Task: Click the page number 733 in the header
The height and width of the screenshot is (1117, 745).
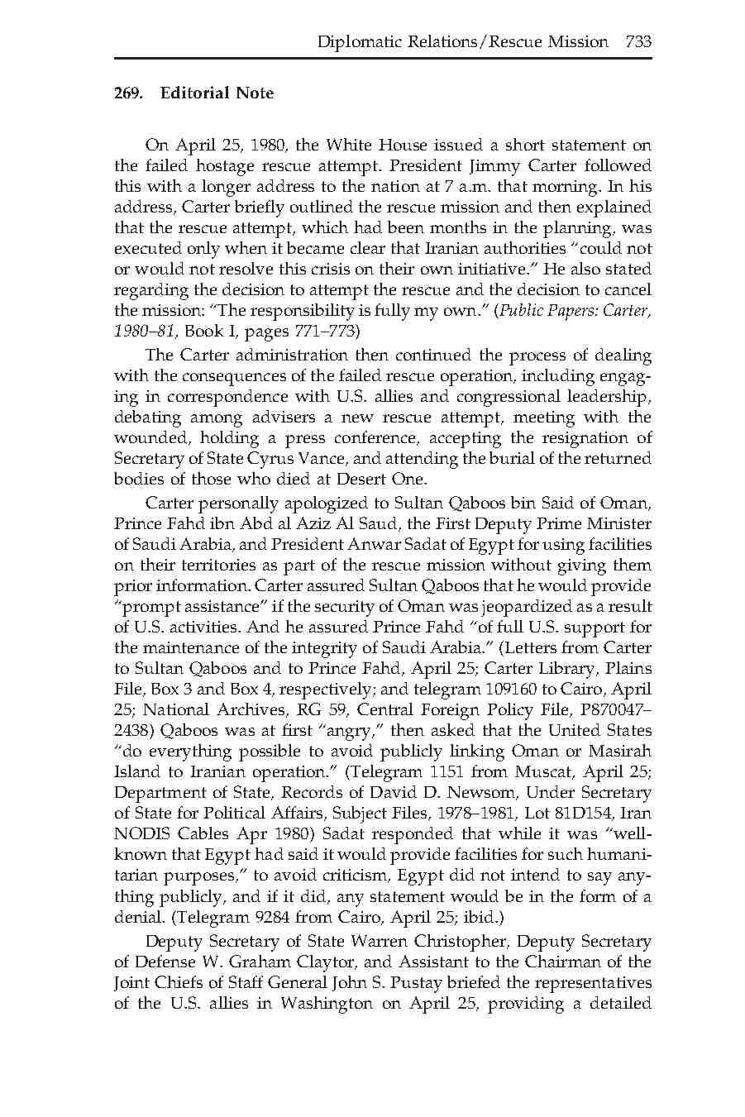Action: tap(638, 41)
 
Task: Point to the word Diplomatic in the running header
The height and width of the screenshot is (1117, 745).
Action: tap(356, 41)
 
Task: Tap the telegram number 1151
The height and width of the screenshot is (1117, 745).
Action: tap(453, 772)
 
